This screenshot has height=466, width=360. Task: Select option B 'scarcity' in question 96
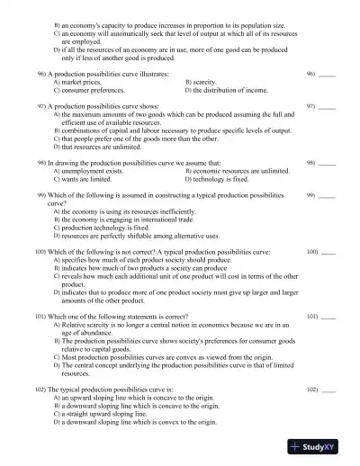pyautogui.click(x=205, y=82)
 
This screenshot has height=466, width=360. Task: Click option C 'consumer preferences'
pyautogui.click(x=87, y=91)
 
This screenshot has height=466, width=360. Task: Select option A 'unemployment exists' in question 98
pyautogui.click(x=88, y=170)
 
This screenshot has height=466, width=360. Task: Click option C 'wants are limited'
pyautogui.click(x=82, y=179)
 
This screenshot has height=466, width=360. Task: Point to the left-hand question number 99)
pyautogui.click(x=40, y=195)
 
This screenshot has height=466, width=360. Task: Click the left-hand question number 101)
pyautogui.click(x=40, y=318)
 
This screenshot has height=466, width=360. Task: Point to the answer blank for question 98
pyautogui.click(x=327, y=163)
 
